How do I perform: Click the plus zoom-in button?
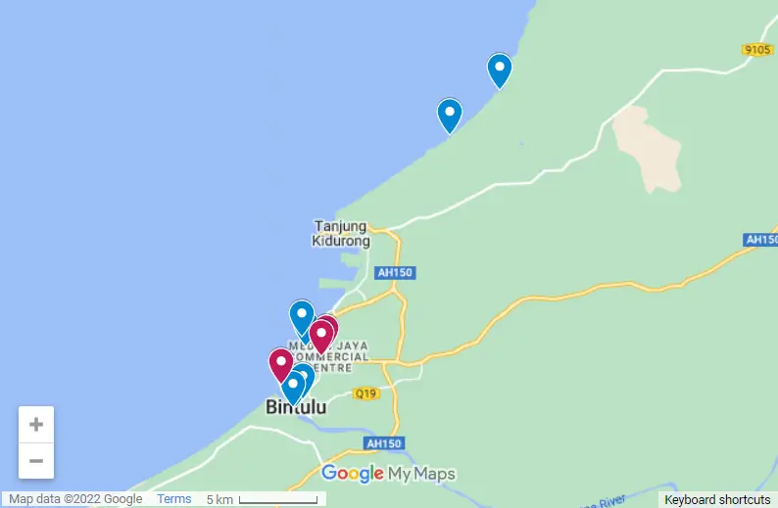point(36,425)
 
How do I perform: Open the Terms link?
point(174,499)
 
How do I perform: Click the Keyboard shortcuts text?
point(717,499)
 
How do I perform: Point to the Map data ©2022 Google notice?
point(75,499)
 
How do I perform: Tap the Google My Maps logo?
point(388,475)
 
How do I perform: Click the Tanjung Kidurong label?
point(340,233)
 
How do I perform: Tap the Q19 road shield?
point(366,393)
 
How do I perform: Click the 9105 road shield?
point(757,50)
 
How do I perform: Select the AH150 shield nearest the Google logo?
point(382,443)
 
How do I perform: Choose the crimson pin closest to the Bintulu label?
point(281,365)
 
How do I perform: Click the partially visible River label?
point(608,500)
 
